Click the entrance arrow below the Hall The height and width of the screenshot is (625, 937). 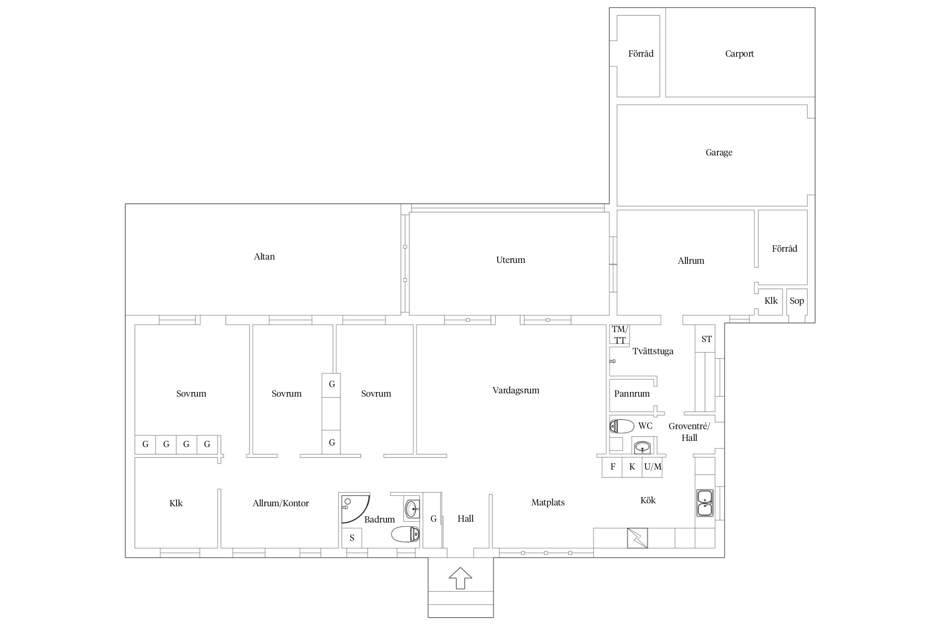tap(460, 578)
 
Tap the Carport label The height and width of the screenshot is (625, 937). tap(739, 54)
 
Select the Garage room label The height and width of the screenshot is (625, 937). tap(719, 152)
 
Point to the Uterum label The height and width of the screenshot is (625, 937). tap(511, 260)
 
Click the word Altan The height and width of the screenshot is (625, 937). tap(264, 257)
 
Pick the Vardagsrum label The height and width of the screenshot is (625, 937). tap(516, 390)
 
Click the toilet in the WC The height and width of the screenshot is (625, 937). tap(622, 426)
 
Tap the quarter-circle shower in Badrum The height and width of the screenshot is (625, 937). tap(355, 509)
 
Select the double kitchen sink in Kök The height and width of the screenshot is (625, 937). tap(705, 503)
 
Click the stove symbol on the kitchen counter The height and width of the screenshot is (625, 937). tap(638, 538)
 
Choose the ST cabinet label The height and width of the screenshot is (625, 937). tap(706, 339)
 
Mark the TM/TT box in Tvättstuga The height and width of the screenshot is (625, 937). tap(619, 335)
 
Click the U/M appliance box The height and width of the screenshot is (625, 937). tap(653, 467)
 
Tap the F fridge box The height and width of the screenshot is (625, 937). tap(613, 467)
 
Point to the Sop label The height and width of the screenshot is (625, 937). tap(797, 301)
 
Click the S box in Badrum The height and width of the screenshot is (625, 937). tap(352, 538)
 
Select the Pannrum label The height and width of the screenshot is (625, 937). tap(631, 394)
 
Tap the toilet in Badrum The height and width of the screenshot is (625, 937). tap(405, 534)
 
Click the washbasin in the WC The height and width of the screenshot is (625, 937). tap(643, 447)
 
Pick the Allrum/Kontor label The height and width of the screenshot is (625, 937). tap(281, 503)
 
